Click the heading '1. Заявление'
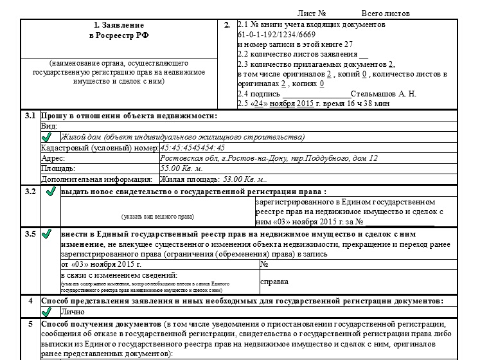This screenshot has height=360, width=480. point(120,26)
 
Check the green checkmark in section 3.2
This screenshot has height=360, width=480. point(50,192)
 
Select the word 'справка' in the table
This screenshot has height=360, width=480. point(274,282)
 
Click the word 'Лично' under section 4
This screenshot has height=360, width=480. point(71,311)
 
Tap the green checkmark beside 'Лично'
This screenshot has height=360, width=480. point(50,312)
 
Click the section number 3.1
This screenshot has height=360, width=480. point(30,116)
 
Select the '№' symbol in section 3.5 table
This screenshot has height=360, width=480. point(264,264)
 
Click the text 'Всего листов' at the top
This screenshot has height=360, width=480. point(385,14)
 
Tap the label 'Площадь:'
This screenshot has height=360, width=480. point(58,168)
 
